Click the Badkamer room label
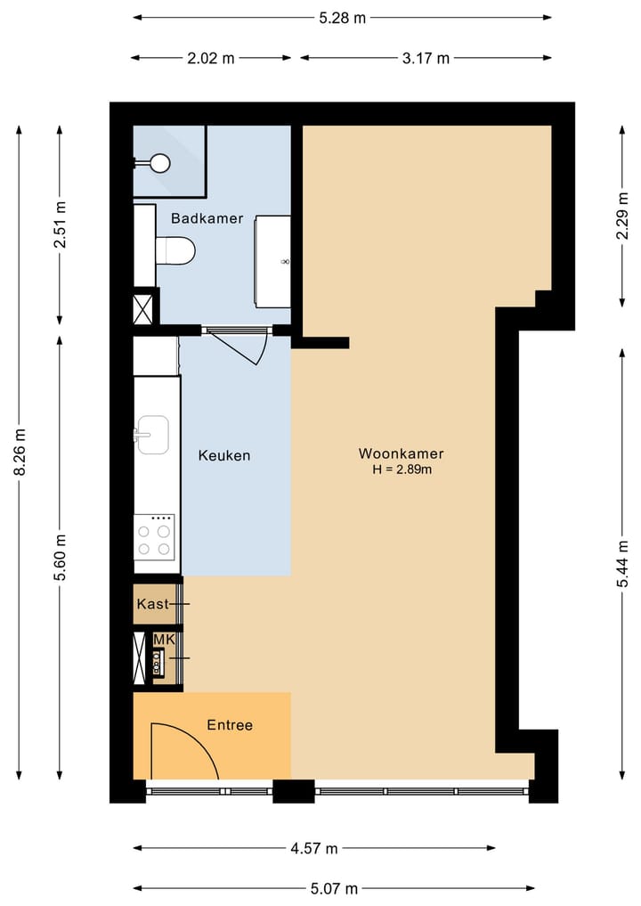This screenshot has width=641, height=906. (x=207, y=218)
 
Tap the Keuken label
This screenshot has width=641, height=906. (x=223, y=455)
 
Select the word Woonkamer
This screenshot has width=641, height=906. (x=402, y=453)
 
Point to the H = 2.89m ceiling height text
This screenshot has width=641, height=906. (x=402, y=469)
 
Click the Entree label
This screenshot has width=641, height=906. (x=230, y=725)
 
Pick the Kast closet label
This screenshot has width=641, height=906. (x=152, y=604)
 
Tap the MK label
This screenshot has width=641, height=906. (x=164, y=641)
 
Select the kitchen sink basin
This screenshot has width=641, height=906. (x=153, y=435)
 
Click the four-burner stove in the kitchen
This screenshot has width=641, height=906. (x=153, y=537)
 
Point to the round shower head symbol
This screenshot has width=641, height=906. (x=160, y=162)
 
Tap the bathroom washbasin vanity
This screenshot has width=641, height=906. (x=272, y=261)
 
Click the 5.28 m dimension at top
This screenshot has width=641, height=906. (x=343, y=17)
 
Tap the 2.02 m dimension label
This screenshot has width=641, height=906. (x=210, y=59)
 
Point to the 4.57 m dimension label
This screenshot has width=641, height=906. (x=313, y=849)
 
